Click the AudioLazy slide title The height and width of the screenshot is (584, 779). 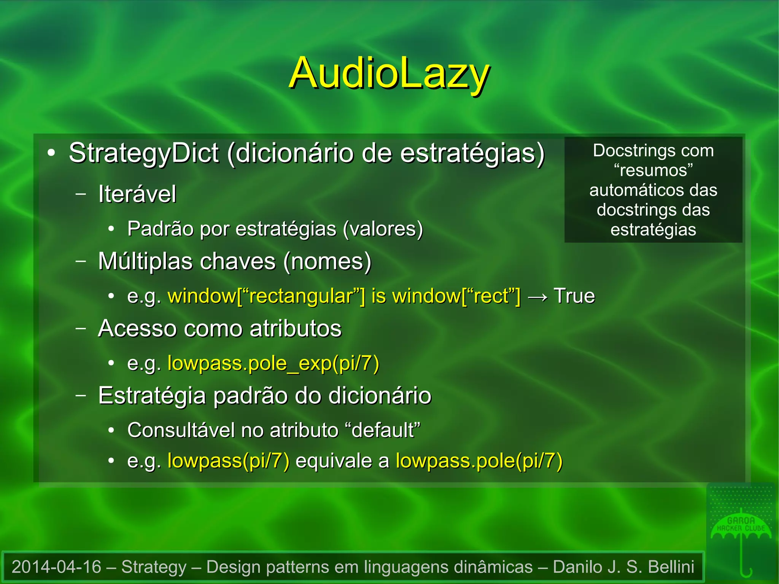[389, 73]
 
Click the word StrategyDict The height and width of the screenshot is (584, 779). [143, 153]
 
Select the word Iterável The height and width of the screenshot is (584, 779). [137, 194]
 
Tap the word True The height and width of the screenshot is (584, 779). [574, 296]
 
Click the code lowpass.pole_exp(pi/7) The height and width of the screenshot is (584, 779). [273, 364]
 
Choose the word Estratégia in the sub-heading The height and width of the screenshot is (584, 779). [152, 396]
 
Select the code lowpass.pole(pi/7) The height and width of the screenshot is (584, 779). [479, 461]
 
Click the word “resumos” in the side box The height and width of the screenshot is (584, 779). [653, 170]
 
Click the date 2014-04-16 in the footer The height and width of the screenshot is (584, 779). [56, 567]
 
